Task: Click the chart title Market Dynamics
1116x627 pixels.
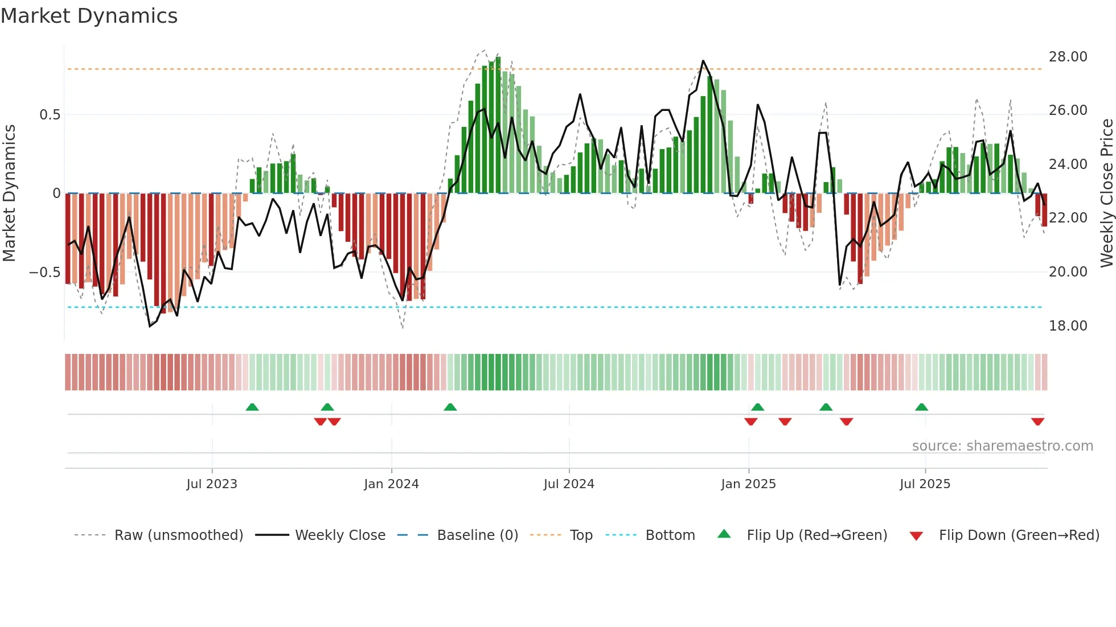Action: pos(89,16)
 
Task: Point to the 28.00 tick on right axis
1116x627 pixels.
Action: pos(1068,57)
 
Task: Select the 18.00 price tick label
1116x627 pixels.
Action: pos(1068,326)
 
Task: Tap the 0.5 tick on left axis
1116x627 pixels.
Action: pos(50,115)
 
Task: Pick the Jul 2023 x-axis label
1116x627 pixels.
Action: pos(211,484)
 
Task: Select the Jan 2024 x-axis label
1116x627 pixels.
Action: pos(391,484)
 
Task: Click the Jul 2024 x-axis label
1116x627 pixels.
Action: pos(568,484)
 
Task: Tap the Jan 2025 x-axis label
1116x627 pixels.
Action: pos(748,484)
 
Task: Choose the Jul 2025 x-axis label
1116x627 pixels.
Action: pos(925,484)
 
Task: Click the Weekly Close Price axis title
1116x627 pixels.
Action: pos(1106,193)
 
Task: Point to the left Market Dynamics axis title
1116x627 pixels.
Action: pos(9,193)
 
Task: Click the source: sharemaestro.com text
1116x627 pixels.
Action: pos(1002,446)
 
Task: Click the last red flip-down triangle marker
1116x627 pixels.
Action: pos(1037,422)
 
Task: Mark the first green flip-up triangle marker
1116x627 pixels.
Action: pos(252,407)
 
